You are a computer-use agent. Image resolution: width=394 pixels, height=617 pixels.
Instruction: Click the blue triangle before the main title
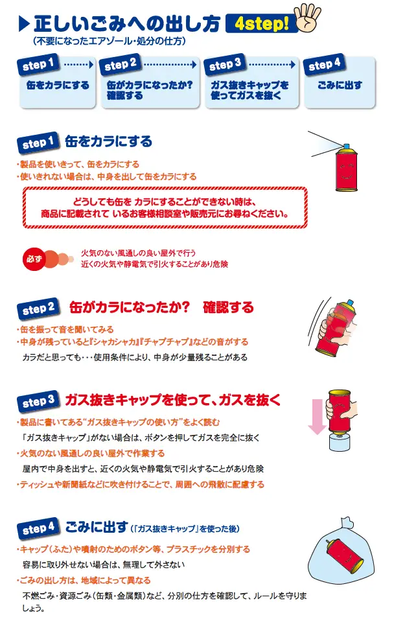pyautogui.click(x=24, y=25)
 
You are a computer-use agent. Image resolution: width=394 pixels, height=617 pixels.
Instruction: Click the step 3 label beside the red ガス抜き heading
pyautogui.click(x=38, y=402)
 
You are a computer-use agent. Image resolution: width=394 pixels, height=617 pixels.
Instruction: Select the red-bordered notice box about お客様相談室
pyautogui.click(x=165, y=207)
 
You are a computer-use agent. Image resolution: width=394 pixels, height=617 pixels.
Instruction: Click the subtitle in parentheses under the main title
pyautogui.click(x=110, y=41)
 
